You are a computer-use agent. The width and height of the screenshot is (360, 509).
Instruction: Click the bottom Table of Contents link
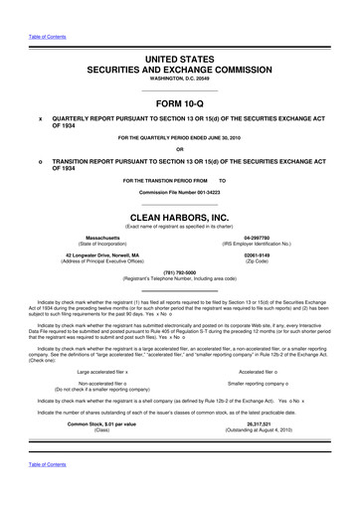(43, 493)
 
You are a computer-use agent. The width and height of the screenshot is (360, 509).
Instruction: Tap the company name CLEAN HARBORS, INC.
(180, 213)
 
